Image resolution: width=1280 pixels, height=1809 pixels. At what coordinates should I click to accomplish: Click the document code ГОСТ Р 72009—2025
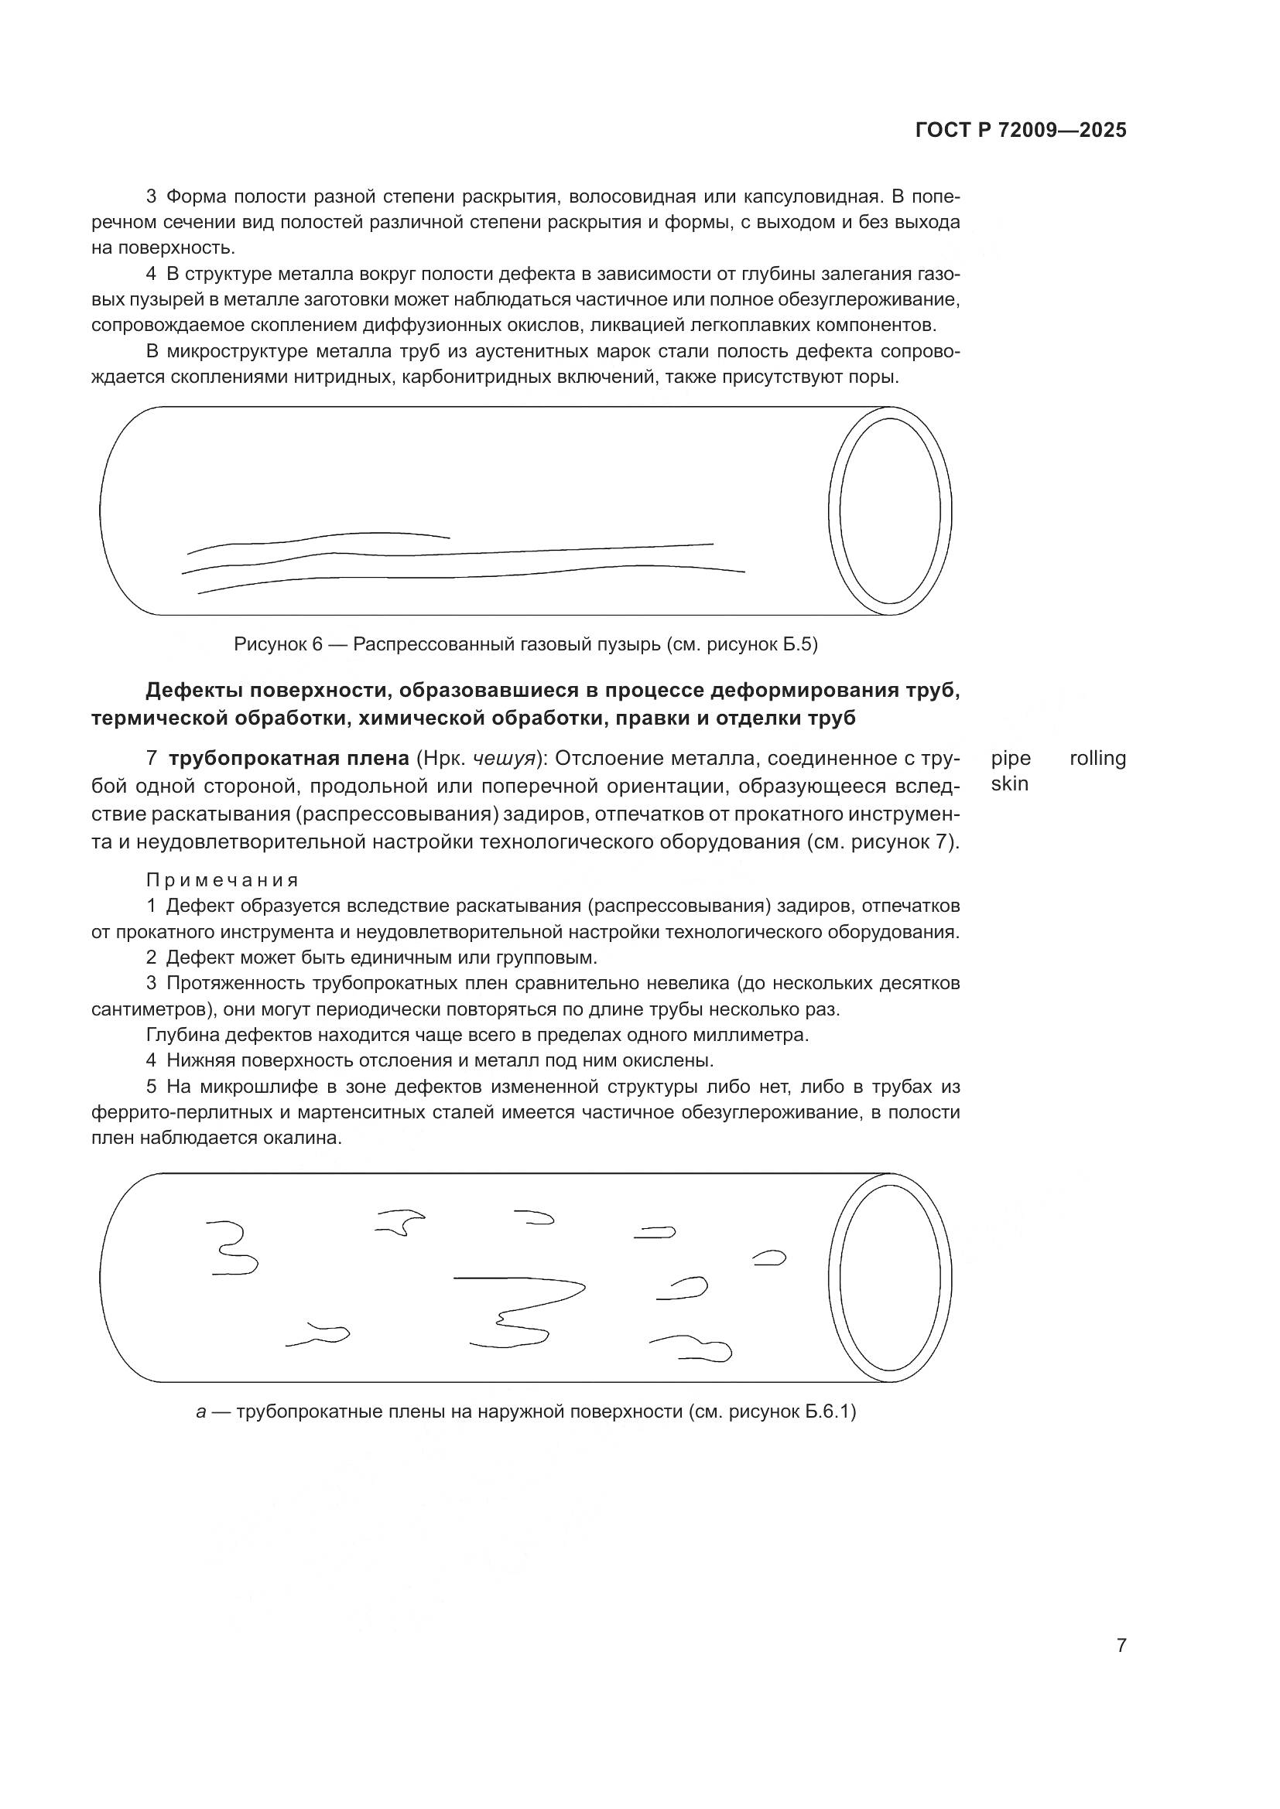pyautogui.click(x=1021, y=131)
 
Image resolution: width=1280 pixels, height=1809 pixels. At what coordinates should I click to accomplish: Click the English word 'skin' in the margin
pyautogui.click(x=1010, y=785)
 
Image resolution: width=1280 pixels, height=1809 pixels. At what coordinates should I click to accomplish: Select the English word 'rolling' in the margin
pyautogui.click(x=1097, y=759)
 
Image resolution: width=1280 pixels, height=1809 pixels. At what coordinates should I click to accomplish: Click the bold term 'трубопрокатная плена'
pyautogui.click(x=289, y=759)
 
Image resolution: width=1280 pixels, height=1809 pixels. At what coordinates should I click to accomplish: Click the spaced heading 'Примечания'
pyautogui.click(x=222, y=880)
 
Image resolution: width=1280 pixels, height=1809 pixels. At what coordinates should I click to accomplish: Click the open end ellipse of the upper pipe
pyautogui.click(x=890, y=510)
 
